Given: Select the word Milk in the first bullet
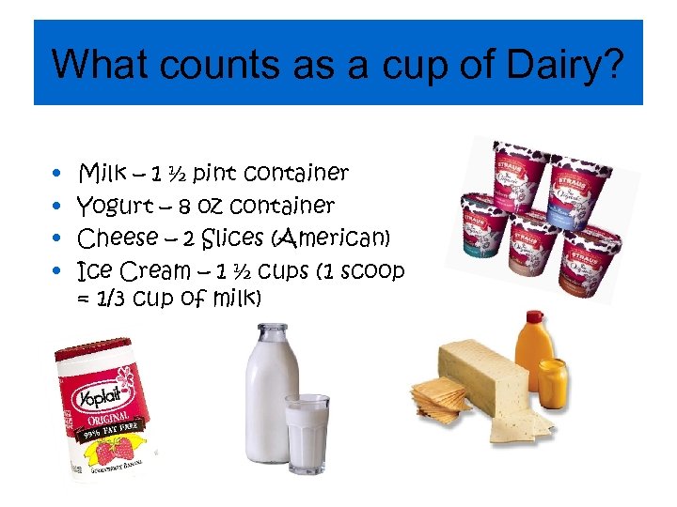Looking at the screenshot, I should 102,173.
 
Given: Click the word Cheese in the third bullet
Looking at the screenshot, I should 117,238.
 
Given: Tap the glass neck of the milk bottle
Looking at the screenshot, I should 272,337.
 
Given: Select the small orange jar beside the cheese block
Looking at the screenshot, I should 551,380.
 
